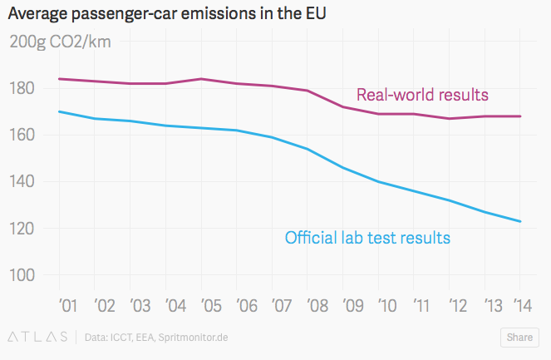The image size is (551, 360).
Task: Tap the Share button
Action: tap(519, 338)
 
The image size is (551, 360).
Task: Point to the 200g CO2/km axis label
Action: tap(60, 42)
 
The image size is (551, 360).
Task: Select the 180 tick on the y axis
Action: tap(22, 89)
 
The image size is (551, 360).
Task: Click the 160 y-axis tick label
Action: tap(22, 136)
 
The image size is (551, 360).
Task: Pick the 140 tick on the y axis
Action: tap(22, 182)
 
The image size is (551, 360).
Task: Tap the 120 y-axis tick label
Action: tap(22, 229)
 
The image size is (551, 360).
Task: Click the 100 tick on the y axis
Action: tap(22, 275)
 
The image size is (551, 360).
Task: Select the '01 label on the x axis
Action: tap(66, 306)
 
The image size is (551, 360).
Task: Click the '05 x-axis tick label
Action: tap(211, 306)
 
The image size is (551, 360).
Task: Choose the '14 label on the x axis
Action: tap(522, 306)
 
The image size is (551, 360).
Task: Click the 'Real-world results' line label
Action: tap(422, 94)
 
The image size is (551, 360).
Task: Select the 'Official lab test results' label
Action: tap(367, 238)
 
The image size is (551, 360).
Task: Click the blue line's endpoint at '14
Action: tap(520, 221)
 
